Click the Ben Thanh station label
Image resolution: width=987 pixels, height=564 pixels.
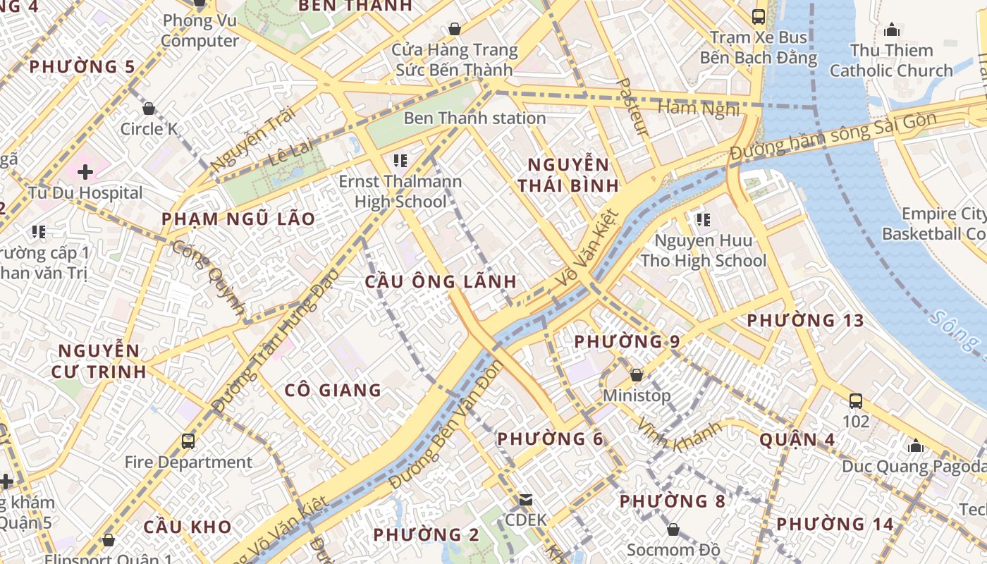pyautogui.click(x=474, y=118)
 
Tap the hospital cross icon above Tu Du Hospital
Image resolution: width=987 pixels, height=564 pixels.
pyautogui.click(x=85, y=171)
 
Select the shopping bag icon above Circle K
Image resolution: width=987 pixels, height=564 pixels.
pyautogui.click(x=149, y=109)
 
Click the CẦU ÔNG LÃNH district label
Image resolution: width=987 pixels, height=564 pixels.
pyautogui.click(x=441, y=281)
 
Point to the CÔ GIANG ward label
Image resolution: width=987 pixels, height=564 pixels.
pyautogui.click(x=333, y=390)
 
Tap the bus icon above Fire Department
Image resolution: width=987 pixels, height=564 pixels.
pyautogui.click(x=188, y=441)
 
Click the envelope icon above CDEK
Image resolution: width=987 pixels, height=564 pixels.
pyautogui.click(x=526, y=500)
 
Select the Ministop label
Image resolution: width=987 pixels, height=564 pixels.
pyautogui.click(x=637, y=396)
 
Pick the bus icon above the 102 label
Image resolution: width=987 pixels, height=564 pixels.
pyautogui.click(x=856, y=401)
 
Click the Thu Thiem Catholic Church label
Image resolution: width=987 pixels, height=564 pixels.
pyautogui.click(x=891, y=61)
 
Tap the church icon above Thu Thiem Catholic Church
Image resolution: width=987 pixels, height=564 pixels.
pyautogui.click(x=892, y=30)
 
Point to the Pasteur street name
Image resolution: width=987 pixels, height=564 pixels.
pyautogui.click(x=632, y=106)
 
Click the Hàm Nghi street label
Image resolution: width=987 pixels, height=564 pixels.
pyautogui.click(x=699, y=108)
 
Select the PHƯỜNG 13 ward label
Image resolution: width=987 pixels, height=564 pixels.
pyautogui.click(x=805, y=320)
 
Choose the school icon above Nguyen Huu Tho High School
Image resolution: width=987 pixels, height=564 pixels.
pyautogui.click(x=702, y=220)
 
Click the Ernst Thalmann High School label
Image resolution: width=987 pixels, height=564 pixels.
pyautogui.click(x=400, y=191)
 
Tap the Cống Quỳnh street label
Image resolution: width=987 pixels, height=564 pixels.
pyautogui.click(x=209, y=277)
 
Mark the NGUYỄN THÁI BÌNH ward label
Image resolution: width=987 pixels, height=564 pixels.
pyautogui.click(x=568, y=176)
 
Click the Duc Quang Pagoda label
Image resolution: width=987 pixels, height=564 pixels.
pyautogui.click(x=914, y=466)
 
